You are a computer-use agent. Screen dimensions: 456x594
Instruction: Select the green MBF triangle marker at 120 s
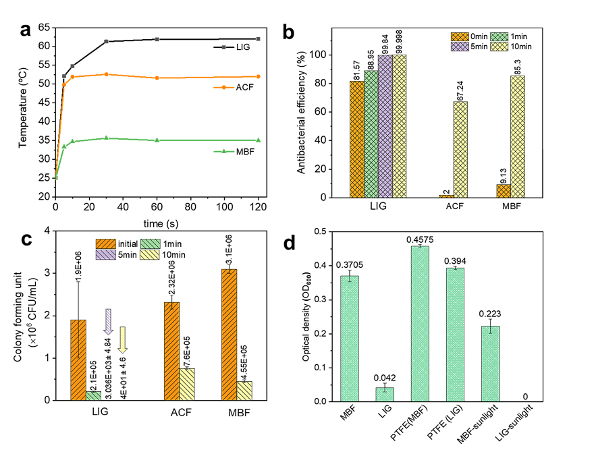coord(258,140)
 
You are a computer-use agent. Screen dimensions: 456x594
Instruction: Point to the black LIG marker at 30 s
coord(106,42)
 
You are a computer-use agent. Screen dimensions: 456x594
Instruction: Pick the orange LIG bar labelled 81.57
coord(357,139)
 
